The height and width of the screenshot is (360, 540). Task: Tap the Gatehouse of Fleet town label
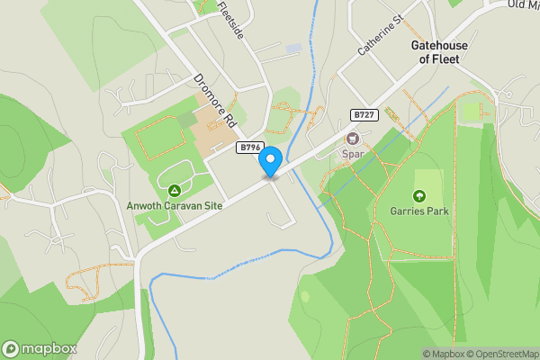435,51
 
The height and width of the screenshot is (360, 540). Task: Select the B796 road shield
249,147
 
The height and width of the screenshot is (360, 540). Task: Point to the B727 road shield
364,115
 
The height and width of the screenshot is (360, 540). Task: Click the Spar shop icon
352,139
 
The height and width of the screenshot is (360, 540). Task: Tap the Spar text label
352,155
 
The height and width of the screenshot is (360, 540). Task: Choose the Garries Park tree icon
418,196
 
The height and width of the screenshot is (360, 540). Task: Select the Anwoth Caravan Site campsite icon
174,190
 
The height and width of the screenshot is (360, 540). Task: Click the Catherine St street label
377,37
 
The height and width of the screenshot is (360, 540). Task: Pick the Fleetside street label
229,19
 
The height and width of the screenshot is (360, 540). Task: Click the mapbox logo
40,348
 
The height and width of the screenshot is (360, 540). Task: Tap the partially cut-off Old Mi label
522,4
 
